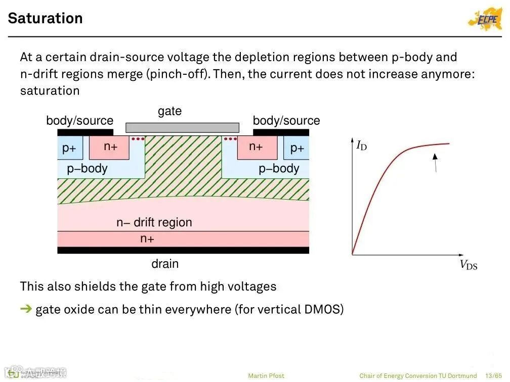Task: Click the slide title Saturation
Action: (x=45, y=18)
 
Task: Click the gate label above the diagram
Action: (x=169, y=111)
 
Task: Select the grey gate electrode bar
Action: (x=182, y=127)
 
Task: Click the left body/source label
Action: (x=79, y=121)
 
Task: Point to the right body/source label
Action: (x=286, y=121)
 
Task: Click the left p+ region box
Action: (x=69, y=148)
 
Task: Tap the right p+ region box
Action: (x=297, y=148)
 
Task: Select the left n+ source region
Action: (x=110, y=147)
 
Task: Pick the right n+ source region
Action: (x=256, y=147)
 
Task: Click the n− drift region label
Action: (x=154, y=222)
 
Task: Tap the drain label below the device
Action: (x=165, y=263)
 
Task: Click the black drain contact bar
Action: (x=183, y=250)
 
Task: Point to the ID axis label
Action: (x=362, y=146)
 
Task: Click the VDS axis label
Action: (x=468, y=265)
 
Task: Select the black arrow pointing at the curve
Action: (x=435, y=163)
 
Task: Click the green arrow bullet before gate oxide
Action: (x=26, y=309)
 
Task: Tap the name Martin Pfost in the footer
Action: (x=266, y=376)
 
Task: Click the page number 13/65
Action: (x=493, y=376)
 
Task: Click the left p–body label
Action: (x=87, y=169)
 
